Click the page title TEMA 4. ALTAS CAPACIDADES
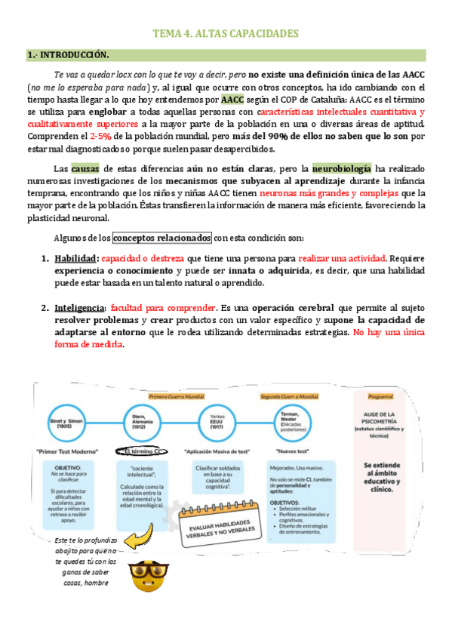tap(226, 34)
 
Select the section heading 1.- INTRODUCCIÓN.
tap(68, 55)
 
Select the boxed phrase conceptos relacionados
tap(163, 238)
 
